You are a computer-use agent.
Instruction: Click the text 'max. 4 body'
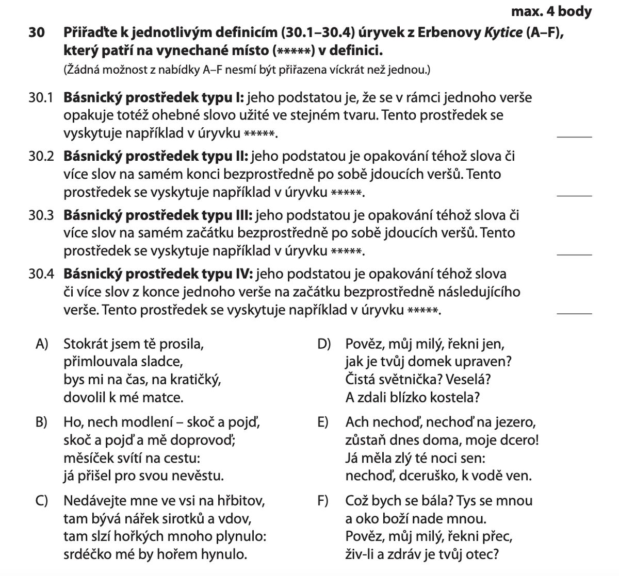[x=551, y=11]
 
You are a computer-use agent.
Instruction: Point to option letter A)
[x=42, y=344]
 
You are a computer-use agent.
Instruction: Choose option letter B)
[x=42, y=422]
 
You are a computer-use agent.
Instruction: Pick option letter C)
[x=42, y=501]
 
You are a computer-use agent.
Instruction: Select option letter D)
[x=324, y=344]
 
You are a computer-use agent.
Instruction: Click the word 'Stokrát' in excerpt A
[x=85, y=344]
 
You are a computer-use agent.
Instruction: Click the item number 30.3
[x=42, y=215]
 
